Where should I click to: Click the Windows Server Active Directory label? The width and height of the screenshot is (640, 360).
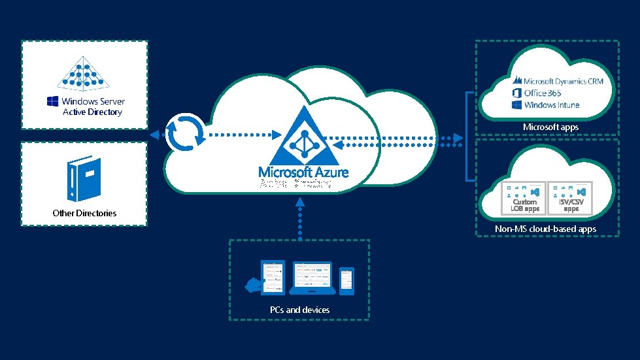(x=92, y=106)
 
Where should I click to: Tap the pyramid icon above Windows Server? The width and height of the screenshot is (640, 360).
(x=84, y=71)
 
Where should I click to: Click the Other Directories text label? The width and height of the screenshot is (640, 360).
(x=84, y=213)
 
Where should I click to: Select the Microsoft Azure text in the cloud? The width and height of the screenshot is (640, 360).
(x=303, y=172)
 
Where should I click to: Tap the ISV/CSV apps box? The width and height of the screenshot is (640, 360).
(x=570, y=198)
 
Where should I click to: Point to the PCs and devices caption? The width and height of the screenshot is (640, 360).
(x=299, y=310)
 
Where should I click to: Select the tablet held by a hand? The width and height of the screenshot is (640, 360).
(x=273, y=277)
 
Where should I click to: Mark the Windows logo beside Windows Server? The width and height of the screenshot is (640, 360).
(x=52, y=101)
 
